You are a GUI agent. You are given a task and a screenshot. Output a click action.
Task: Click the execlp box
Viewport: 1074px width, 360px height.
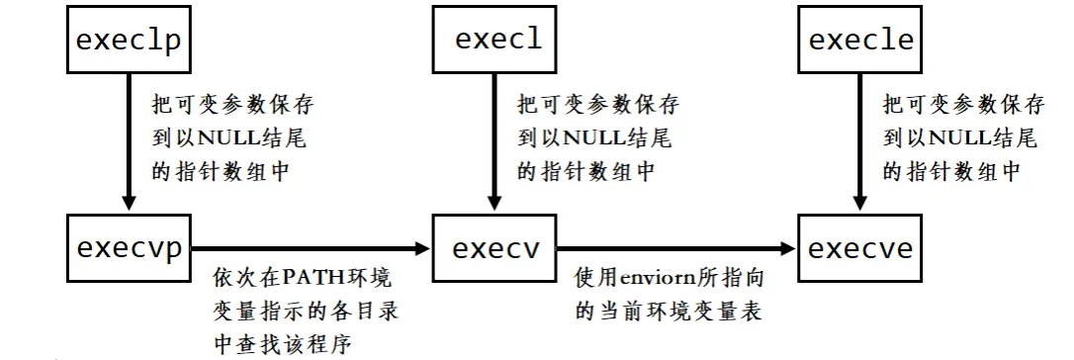point(128,42)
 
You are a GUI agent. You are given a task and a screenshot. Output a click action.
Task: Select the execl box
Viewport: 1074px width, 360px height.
point(498,42)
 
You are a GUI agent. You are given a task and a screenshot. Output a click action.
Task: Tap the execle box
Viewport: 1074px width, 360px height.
point(861,42)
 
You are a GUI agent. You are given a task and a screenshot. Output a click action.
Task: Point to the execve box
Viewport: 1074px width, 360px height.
point(861,247)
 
